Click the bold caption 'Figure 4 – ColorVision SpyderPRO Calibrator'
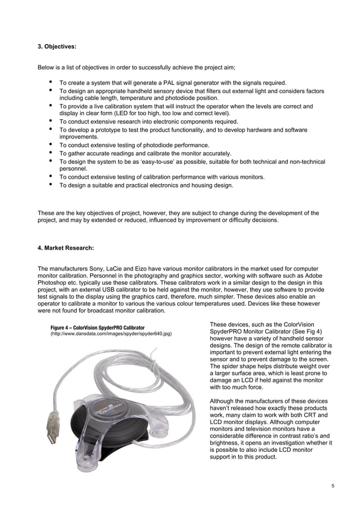tap(97, 328)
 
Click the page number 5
tap(332, 485)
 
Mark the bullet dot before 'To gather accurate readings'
tap(52, 152)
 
